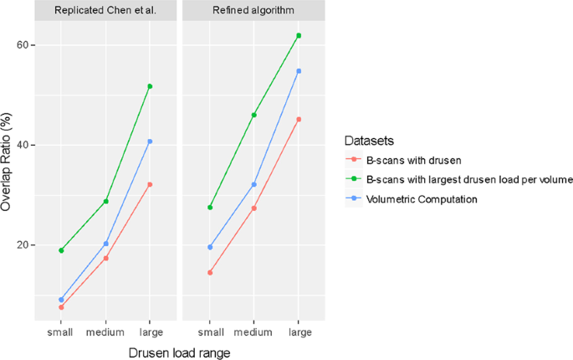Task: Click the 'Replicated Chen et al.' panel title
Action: tap(105, 10)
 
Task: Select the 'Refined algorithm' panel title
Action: tap(254, 10)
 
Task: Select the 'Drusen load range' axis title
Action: tap(179, 352)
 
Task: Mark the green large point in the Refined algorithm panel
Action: tap(299, 36)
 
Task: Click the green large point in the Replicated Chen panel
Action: tap(150, 86)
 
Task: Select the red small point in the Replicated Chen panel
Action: tap(61, 307)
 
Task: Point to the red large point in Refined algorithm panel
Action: tap(299, 120)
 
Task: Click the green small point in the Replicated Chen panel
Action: tap(61, 250)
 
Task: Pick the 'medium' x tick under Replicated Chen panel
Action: tap(105, 332)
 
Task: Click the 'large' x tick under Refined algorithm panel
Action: tap(299, 332)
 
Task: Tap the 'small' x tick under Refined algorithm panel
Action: tap(210, 332)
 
